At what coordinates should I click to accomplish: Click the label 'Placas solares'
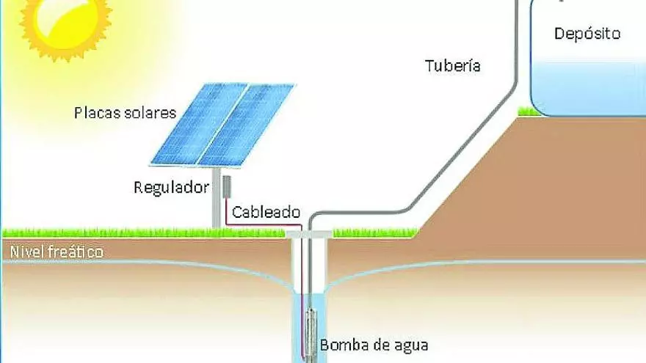coord(125,113)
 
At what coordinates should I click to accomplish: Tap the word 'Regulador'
coord(171,187)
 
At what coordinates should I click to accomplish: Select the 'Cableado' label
coord(266,213)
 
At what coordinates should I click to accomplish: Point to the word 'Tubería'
coord(453,65)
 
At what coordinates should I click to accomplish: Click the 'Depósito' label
coord(587,34)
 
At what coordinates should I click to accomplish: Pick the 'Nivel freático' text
coord(57,252)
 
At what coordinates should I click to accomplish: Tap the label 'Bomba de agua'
coord(373,344)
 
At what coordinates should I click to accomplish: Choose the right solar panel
coord(247,125)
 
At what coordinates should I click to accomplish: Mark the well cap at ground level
coord(308,233)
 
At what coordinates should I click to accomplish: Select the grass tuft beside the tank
coord(526,111)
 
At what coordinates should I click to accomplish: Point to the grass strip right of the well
coord(374,232)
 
